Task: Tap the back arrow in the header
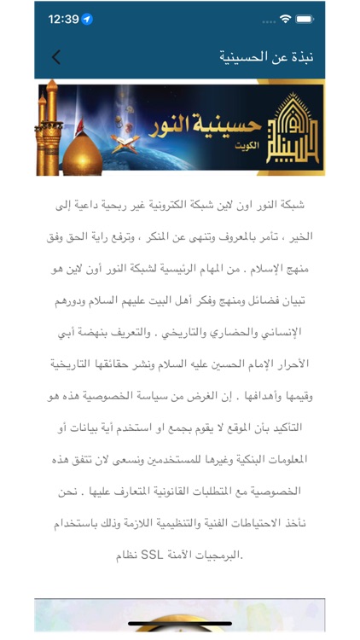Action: click(x=55, y=57)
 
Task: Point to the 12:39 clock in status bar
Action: click(x=63, y=19)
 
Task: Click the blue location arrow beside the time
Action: click(x=87, y=19)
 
